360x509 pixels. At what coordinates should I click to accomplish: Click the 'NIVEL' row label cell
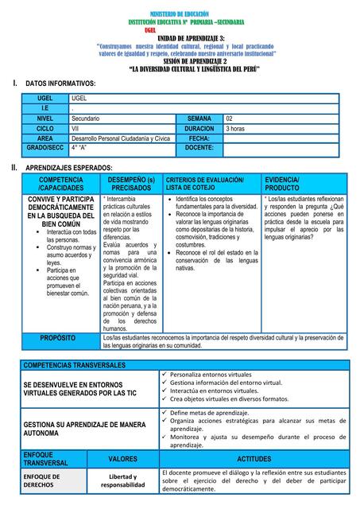click(x=45, y=118)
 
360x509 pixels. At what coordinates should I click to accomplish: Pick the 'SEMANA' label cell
click(x=199, y=118)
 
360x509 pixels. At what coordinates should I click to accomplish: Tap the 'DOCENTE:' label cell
click(x=199, y=148)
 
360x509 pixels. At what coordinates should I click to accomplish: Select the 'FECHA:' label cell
click(x=199, y=138)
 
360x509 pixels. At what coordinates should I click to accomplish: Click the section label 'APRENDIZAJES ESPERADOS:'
click(x=69, y=169)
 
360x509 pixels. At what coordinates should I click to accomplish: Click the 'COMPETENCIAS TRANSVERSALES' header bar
click(x=75, y=364)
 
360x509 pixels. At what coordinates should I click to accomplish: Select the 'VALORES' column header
click(x=122, y=459)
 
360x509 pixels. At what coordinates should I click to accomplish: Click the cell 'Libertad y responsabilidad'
click(x=122, y=480)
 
